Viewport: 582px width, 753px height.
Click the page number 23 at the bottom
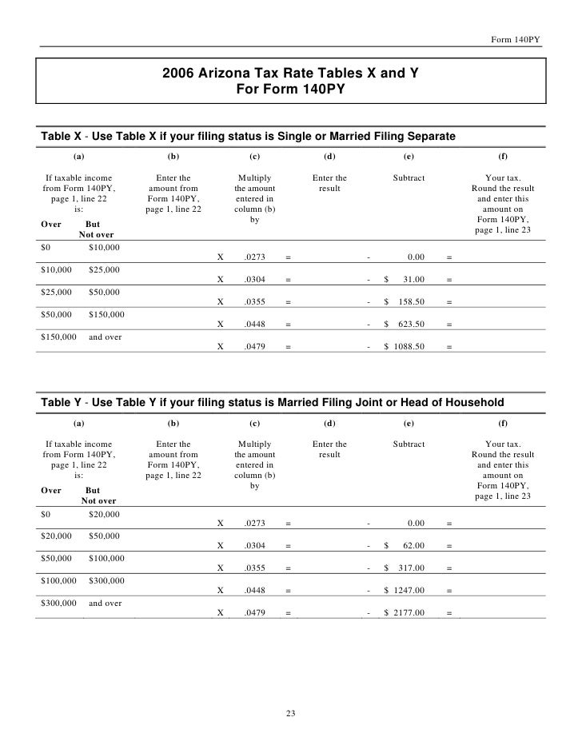[291, 713]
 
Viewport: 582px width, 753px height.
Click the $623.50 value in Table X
[410, 325]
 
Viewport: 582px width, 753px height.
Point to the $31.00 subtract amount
[410, 280]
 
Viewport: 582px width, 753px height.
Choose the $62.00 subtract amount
[410, 546]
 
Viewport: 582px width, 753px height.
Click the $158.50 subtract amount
[410, 302]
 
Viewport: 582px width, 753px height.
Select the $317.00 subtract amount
[410, 568]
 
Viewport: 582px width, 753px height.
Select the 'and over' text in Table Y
[105, 604]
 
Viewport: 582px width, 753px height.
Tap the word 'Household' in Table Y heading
[473, 401]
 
